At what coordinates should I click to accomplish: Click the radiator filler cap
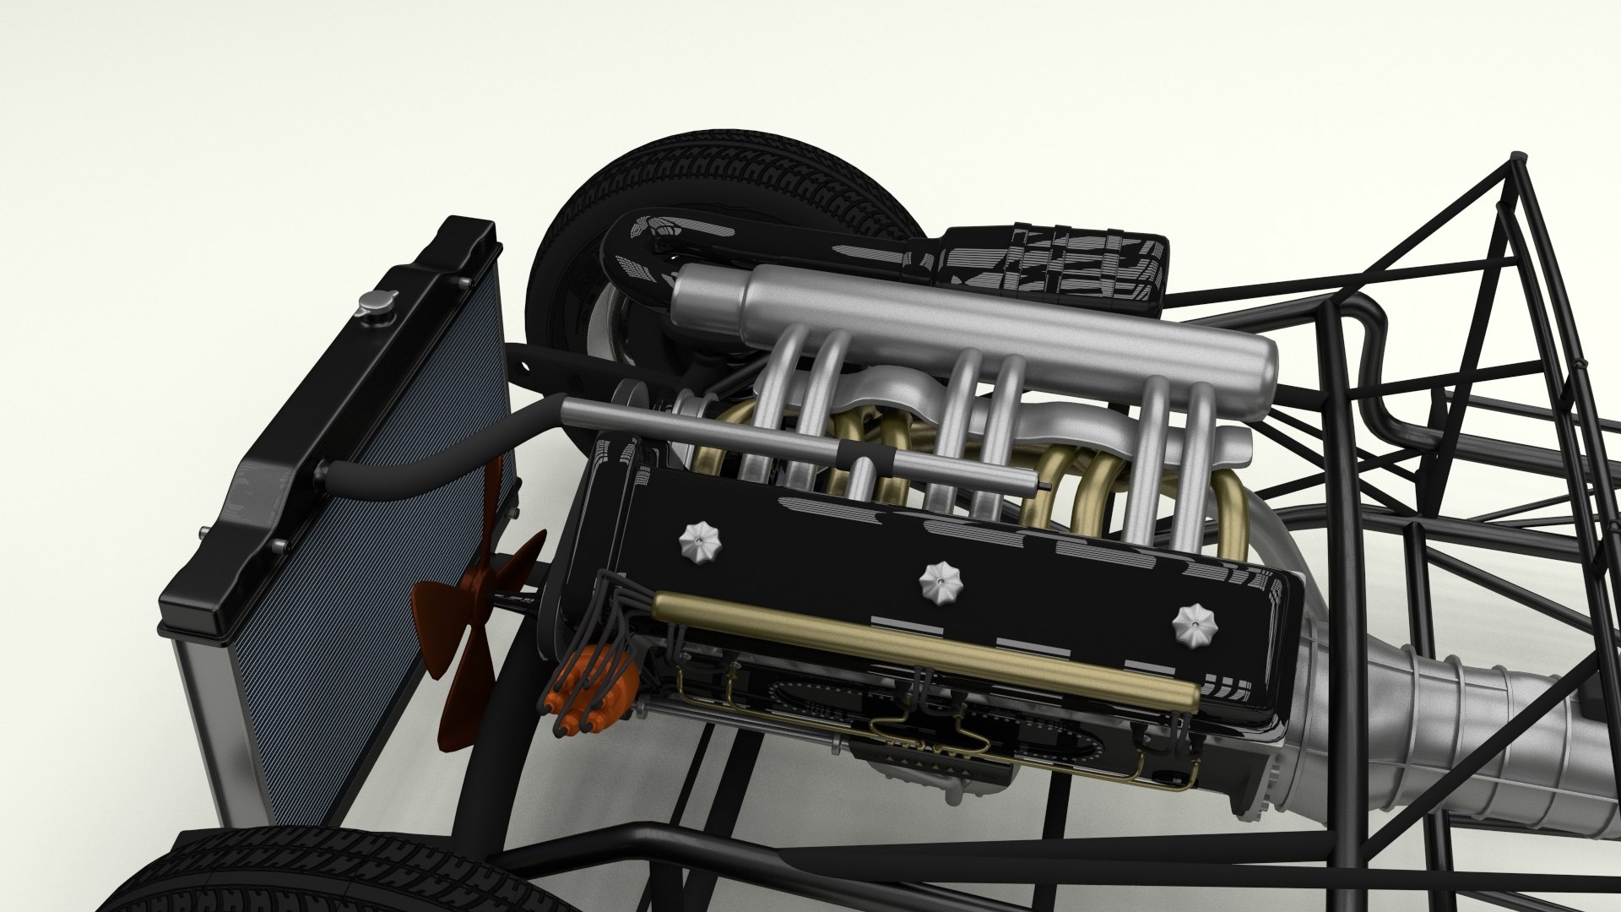click(371, 301)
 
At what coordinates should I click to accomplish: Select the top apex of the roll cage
click(1516, 156)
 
